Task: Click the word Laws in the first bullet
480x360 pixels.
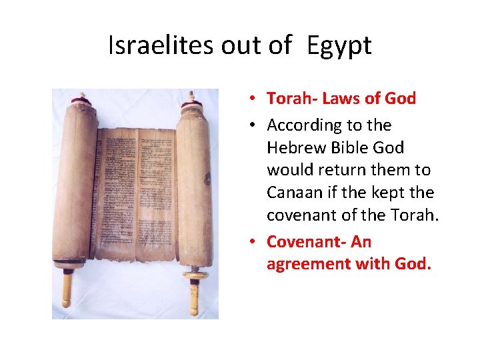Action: [337, 99]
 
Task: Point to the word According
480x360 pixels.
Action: [301, 125]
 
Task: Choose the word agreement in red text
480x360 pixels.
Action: [302, 264]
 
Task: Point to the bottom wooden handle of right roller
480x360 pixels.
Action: [193, 297]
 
